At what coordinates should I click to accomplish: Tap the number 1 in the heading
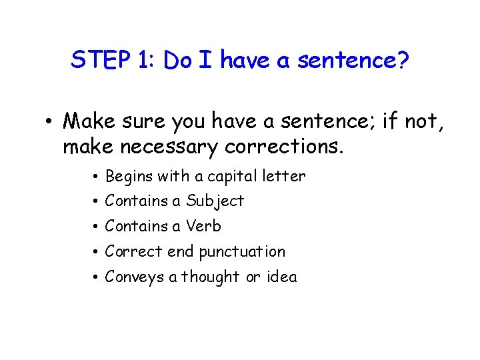(143, 61)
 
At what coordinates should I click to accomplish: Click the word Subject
(215, 201)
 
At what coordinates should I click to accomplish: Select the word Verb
(204, 227)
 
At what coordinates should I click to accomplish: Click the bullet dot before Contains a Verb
(97, 227)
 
